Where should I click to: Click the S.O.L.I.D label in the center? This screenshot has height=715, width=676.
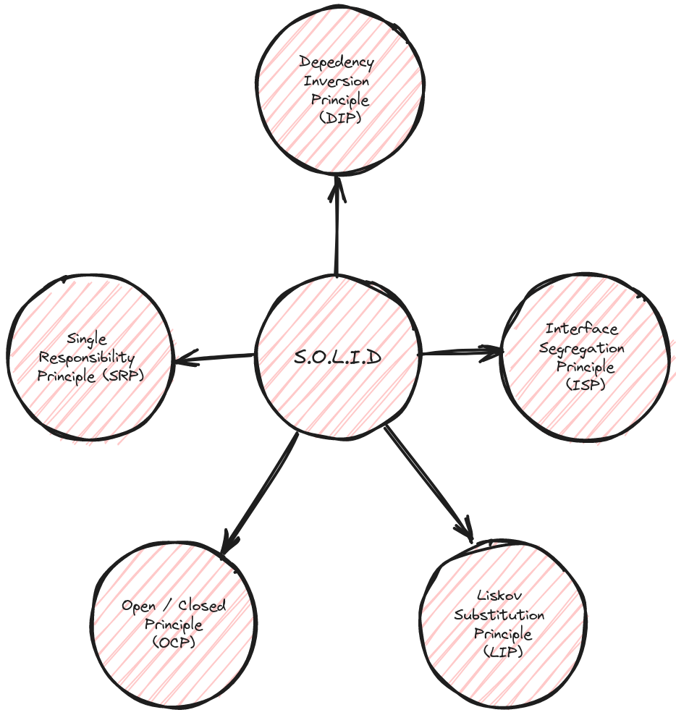coord(337,357)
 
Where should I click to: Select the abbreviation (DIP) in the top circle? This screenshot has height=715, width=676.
coord(339,117)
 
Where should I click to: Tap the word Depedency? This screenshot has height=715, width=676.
coord(337,64)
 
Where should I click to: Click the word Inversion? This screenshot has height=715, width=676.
coord(337,81)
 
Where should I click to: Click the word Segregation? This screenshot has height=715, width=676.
coord(582,348)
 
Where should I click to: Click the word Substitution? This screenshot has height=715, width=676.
coord(499,615)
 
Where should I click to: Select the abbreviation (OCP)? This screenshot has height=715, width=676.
coord(174,642)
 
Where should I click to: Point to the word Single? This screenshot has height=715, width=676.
coord(87,339)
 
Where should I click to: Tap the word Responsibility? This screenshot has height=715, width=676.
coord(87,357)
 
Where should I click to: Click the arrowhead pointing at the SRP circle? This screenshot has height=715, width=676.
coord(185,358)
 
